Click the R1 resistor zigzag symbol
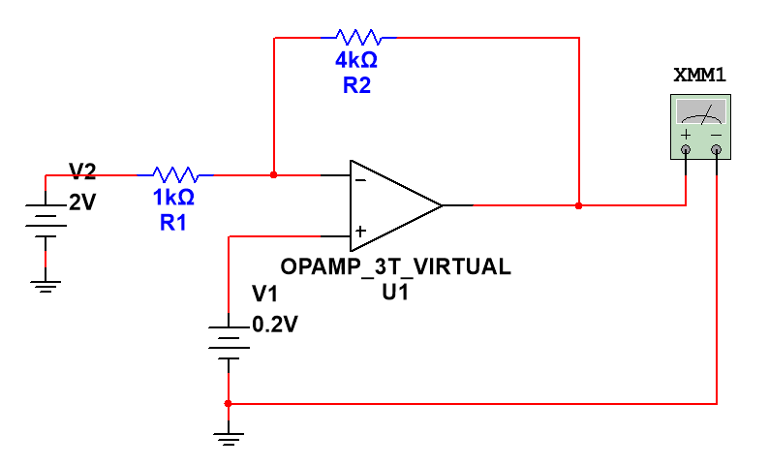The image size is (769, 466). [x=175, y=175]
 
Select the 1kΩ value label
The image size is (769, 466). [x=173, y=199]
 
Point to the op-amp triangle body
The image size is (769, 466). [x=387, y=204]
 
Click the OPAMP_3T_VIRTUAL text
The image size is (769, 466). [x=395, y=267]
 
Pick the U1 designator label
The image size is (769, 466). [x=395, y=291]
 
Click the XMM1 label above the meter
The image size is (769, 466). [x=700, y=75]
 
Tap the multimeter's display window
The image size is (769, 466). [x=700, y=110]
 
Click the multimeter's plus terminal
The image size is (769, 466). [x=686, y=149]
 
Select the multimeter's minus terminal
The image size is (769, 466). [x=716, y=149]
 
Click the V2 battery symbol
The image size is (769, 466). [x=46, y=221]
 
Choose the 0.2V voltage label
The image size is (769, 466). [x=275, y=325]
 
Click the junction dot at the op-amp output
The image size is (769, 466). [x=578, y=205]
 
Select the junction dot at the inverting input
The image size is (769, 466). [x=274, y=175]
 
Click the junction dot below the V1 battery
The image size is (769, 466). [x=228, y=402]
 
